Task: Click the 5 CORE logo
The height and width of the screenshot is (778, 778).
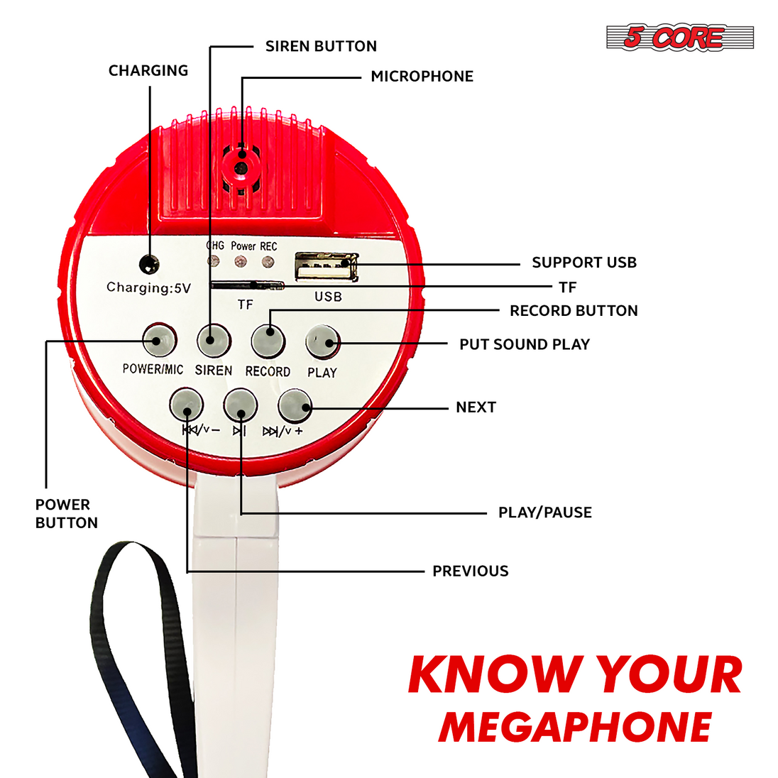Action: coord(680,37)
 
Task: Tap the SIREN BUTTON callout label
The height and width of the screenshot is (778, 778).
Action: coord(321,46)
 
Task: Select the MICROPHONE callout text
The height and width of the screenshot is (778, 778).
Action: coord(422,77)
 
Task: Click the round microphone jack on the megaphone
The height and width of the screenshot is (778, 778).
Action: coord(241,168)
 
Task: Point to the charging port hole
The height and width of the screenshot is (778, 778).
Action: coord(149,265)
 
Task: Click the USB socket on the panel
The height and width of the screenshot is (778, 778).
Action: coord(327,266)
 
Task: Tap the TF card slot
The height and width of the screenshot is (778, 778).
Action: coord(247,285)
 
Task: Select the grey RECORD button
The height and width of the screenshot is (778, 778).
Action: coord(268,341)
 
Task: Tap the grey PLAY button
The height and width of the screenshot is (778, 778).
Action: coord(322,341)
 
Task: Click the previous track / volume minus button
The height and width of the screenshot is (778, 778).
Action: coord(187,405)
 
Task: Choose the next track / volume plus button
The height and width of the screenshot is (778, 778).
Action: coord(295,405)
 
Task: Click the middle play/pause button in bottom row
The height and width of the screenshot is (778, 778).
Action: coord(241,405)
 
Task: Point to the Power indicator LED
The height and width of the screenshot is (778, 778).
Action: coord(241,261)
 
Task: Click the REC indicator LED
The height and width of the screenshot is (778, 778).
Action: coord(268,261)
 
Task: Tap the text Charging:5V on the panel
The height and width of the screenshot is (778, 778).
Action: coord(149,288)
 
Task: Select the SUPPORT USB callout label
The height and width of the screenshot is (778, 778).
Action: coord(584,263)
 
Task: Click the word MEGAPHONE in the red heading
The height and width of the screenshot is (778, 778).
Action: coord(575,728)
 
